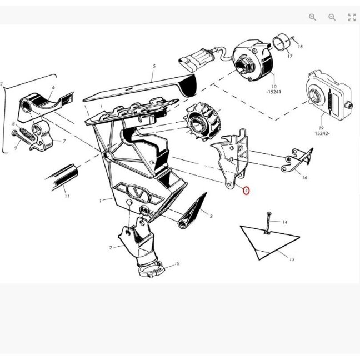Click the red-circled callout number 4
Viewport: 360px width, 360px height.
pos(246,191)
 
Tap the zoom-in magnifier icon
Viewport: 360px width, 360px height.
pos(312,17)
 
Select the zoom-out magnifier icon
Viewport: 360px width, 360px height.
pos(332,17)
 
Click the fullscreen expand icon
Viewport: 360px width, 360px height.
pos(352,17)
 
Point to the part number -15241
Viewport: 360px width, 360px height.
pos(274,92)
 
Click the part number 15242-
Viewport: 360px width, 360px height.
pos(322,133)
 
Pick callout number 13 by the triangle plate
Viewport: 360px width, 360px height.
pos(292,259)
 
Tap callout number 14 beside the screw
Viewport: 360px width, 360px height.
pos(284,222)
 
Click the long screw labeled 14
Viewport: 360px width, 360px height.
pos(268,222)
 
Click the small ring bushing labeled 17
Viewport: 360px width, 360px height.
pos(281,42)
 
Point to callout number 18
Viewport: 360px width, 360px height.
pos(300,46)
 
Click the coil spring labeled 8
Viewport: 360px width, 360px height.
pos(27,134)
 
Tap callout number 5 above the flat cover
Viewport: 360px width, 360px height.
pos(154,66)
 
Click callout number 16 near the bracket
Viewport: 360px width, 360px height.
pos(304,177)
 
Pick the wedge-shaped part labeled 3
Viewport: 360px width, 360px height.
pos(192,211)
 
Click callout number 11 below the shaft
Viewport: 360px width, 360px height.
pos(67,196)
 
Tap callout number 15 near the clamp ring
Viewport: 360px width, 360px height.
pos(177,263)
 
